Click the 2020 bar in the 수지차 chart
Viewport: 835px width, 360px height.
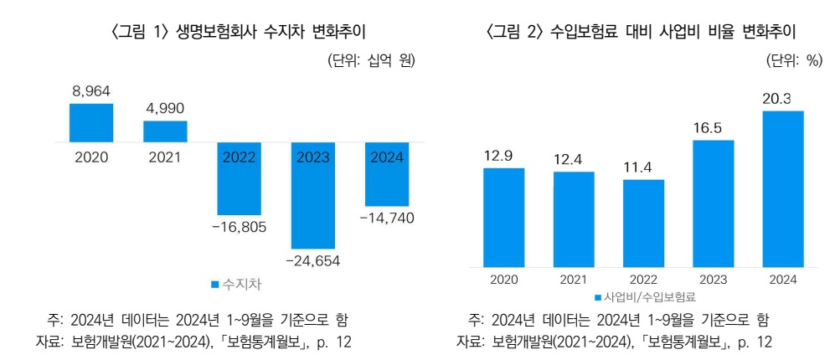point(90,123)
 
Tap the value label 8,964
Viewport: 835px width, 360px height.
point(91,91)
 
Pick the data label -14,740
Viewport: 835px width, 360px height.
point(386,218)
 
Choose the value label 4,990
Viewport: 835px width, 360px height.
point(165,108)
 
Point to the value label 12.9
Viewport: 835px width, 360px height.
point(504,156)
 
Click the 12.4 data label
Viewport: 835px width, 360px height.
point(574,159)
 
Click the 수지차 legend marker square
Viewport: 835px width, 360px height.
point(215,285)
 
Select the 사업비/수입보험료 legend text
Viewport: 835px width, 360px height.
point(651,296)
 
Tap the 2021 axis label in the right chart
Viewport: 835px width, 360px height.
point(574,280)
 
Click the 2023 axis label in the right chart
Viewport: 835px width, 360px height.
point(713,280)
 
